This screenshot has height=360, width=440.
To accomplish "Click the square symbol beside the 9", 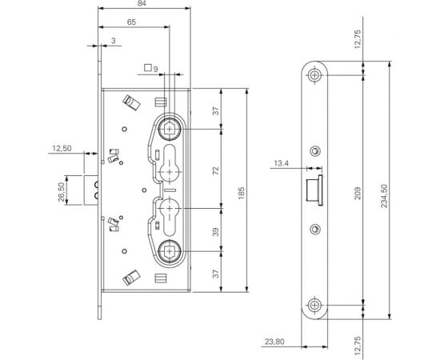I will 146,67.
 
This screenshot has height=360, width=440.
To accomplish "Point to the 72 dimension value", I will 215,171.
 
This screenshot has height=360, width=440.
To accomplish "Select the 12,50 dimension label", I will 62,148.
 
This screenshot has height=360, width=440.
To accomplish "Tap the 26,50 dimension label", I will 62,192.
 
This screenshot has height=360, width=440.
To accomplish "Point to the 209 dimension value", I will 357,191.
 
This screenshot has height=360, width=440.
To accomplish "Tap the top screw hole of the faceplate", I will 318,76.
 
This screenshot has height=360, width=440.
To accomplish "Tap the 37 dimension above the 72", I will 215,110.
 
